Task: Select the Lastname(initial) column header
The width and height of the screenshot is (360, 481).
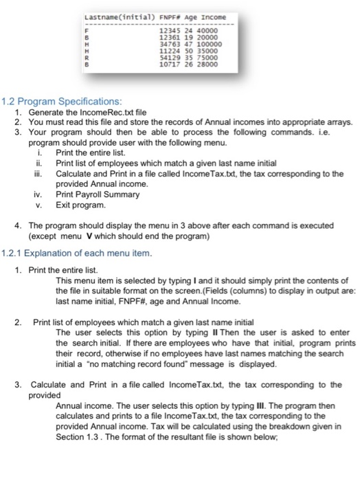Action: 111,17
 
